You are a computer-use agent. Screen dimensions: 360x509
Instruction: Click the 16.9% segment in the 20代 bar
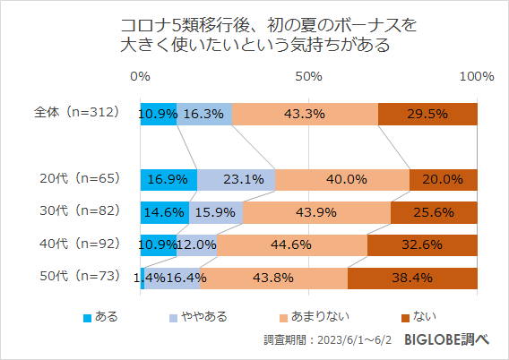(168, 179)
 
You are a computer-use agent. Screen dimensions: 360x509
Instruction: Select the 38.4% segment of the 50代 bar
(412, 278)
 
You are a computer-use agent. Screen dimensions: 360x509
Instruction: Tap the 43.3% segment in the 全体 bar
(305, 114)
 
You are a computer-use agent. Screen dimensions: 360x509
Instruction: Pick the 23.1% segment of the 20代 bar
(236, 179)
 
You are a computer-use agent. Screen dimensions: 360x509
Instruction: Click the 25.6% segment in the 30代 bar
(434, 212)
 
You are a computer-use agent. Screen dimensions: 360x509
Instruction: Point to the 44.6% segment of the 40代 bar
(292, 244)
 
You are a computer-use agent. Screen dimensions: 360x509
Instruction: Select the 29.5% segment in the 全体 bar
(427, 114)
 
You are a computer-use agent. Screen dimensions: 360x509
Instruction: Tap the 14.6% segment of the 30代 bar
(165, 212)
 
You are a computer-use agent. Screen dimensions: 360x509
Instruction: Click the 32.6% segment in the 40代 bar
(422, 244)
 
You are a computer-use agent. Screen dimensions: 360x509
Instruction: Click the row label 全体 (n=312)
(76, 114)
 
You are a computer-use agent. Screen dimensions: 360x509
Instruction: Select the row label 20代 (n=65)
(76, 179)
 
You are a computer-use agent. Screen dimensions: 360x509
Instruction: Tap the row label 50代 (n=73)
(76, 278)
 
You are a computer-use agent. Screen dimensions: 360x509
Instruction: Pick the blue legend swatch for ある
(87, 317)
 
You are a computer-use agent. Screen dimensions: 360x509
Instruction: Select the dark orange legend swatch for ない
(405, 317)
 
